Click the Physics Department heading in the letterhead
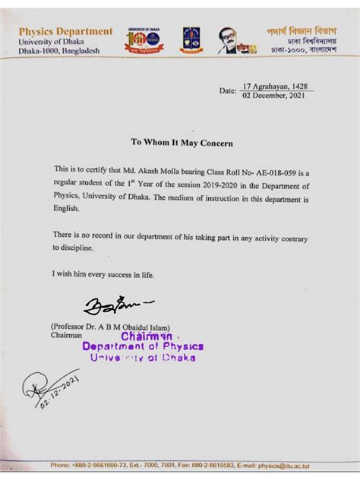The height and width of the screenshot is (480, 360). coord(65,31)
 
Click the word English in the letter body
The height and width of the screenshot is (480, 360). coord(65,210)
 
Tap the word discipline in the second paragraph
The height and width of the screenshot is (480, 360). coord(72,248)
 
